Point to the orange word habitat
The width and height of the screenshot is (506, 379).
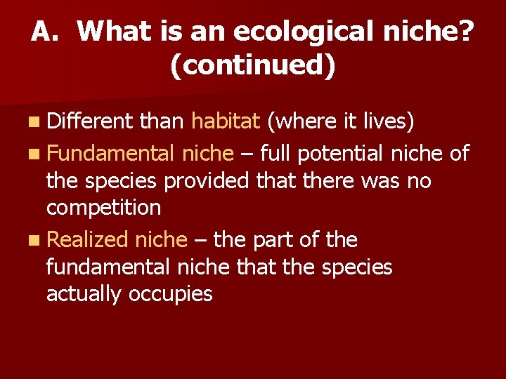[226, 122]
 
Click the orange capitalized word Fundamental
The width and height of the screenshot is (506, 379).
[110, 153]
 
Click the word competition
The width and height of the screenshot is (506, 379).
[103, 208]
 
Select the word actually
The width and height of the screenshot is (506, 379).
[84, 293]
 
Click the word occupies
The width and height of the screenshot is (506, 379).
[171, 294]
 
